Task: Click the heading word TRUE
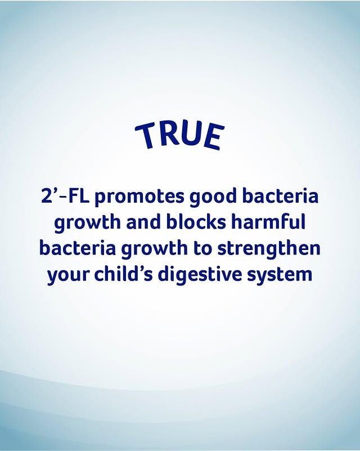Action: click(179, 135)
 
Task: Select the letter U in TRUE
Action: click(191, 134)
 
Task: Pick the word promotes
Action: click(139, 197)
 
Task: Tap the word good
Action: click(213, 197)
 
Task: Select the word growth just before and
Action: click(87, 224)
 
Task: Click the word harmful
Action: click(268, 222)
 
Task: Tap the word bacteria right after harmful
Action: click(78, 248)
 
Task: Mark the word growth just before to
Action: click(155, 249)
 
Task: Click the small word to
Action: click(202, 249)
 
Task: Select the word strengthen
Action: click(269, 249)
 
